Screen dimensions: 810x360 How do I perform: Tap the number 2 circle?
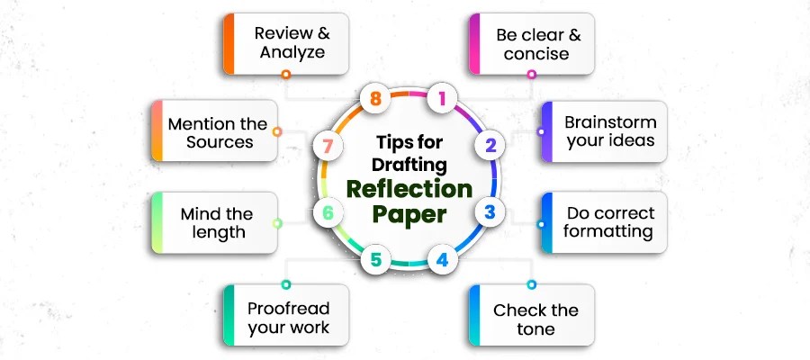coord(490,145)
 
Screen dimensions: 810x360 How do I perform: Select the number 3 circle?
coord(490,213)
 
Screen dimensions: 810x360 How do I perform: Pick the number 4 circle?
coord(441,261)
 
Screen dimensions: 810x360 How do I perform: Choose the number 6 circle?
coord(328,213)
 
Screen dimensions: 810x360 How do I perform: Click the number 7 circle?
coord(327,145)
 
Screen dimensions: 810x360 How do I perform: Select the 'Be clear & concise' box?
coord(532,43)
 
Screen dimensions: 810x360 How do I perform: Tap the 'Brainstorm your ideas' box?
coord(599,131)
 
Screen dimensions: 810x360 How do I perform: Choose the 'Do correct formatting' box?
coord(599,222)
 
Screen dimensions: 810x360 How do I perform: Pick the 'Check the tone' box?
coord(532,319)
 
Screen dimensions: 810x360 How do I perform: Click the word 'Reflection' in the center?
coord(409,189)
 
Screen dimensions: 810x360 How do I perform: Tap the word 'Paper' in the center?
coord(409,217)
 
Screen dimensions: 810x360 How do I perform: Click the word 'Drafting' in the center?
coord(409,164)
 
